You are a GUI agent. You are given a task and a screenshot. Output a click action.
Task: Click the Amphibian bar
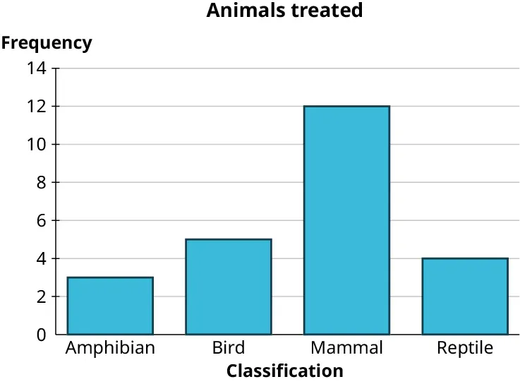[110, 306]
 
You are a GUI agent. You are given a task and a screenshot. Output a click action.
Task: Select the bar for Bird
[228, 287]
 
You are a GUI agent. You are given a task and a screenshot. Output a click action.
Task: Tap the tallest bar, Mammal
[346, 220]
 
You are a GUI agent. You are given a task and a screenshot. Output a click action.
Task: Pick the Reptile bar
[464, 296]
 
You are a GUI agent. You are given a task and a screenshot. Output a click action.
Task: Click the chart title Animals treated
[284, 11]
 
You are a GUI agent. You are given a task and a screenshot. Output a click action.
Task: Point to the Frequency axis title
[47, 43]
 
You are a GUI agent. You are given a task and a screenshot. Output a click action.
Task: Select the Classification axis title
[284, 371]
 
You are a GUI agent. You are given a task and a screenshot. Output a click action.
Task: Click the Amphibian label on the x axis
[110, 348]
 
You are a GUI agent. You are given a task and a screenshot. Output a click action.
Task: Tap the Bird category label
[228, 348]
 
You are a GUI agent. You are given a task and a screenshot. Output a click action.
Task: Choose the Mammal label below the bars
[346, 348]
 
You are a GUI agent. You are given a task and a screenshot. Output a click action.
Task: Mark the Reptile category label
[464, 348]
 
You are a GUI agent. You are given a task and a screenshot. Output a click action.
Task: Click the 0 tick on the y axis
[42, 335]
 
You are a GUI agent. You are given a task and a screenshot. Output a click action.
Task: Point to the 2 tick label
[42, 296]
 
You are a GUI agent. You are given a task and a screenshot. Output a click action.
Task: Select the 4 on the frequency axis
[42, 258]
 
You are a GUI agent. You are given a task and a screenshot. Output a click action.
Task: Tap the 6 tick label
[42, 220]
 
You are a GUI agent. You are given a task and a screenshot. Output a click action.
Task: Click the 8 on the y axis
[42, 182]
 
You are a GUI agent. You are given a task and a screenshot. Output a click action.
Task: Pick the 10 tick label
[37, 145]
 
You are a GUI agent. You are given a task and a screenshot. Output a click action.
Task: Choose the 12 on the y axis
[37, 107]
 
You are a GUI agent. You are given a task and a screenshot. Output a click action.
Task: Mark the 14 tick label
[37, 68]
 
